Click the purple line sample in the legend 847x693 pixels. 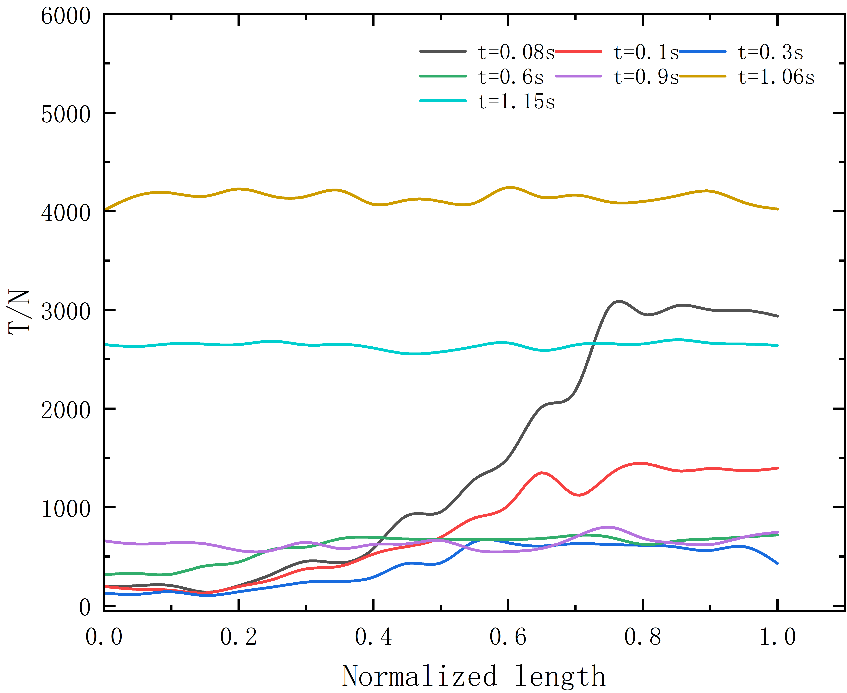[x=578, y=76]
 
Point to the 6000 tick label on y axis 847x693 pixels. [x=66, y=17]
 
